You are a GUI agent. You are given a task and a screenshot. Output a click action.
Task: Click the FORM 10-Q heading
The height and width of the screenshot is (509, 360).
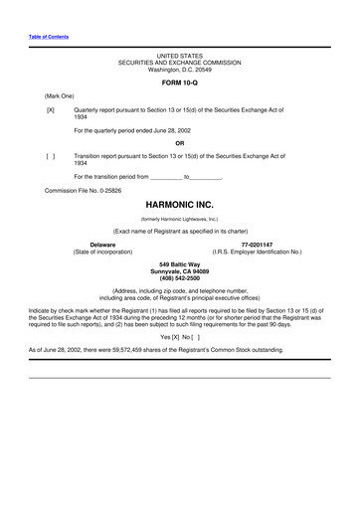coord(180,83)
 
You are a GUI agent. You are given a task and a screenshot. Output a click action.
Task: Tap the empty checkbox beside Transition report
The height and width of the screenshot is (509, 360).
coord(50,156)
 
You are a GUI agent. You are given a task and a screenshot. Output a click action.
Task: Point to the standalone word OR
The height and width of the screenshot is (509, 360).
coord(180,143)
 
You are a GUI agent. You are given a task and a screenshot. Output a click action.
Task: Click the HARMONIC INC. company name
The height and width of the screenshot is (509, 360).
coord(180,203)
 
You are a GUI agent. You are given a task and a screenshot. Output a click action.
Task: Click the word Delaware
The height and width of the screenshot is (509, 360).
coord(102,244)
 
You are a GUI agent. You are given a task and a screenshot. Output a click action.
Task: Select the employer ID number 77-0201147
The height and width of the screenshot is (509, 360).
coord(257,244)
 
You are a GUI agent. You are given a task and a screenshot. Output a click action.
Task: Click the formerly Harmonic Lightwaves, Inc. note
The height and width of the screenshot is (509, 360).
coord(180,218)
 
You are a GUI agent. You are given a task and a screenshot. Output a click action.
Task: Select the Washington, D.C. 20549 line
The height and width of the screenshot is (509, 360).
coord(180,69)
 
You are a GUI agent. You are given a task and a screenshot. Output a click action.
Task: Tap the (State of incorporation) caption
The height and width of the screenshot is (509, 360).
coord(102,251)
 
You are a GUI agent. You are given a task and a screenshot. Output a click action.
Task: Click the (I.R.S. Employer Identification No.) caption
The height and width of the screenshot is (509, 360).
coord(257,251)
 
